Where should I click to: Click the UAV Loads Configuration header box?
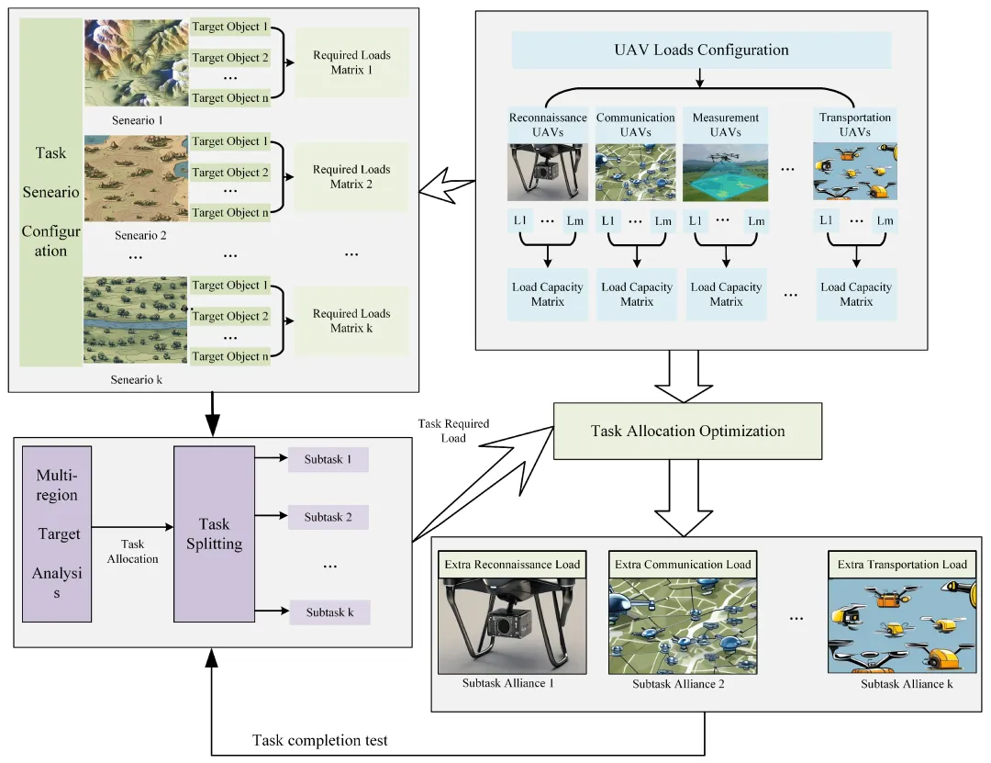(701, 50)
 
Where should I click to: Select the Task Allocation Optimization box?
(687, 431)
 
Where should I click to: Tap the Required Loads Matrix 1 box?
(351, 62)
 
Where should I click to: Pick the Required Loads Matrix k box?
(351, 320)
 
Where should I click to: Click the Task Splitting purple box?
(214, 533)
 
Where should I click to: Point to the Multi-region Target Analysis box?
(58, 534)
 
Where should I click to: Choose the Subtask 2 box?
(328, 517)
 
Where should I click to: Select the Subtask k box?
(329, 612)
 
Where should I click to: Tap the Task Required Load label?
(453, 431)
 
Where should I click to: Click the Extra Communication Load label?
(682, 565)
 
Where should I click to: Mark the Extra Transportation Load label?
(902, 565)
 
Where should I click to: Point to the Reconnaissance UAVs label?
(548, 125)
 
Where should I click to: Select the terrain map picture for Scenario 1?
(136, 62)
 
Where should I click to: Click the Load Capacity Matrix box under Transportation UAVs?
(856, 294)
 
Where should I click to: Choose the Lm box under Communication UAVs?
(663, 220)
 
